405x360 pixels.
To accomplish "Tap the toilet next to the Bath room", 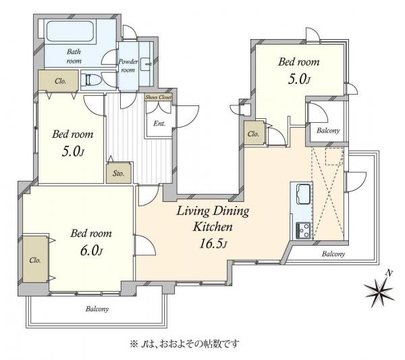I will [x=91, y=80].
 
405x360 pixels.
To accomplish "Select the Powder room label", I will [x=128, y=66].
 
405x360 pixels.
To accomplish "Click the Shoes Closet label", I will [x=159, y=97].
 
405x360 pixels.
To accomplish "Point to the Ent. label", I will [x=160, y=123].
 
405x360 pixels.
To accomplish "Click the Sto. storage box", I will [x=118, y=173].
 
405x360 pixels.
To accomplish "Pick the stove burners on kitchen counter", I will [x=301, y=230].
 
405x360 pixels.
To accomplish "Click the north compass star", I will [x=381, y=292].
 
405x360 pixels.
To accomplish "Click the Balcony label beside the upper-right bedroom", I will [x=327, y=130].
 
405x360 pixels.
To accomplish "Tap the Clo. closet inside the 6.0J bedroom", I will [x=36, y=259].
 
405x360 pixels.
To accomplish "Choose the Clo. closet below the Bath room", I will [x=61, y=80].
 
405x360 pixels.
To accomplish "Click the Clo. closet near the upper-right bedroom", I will [x=254, y=134].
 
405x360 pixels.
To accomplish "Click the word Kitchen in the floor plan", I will [x=213, y=227].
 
